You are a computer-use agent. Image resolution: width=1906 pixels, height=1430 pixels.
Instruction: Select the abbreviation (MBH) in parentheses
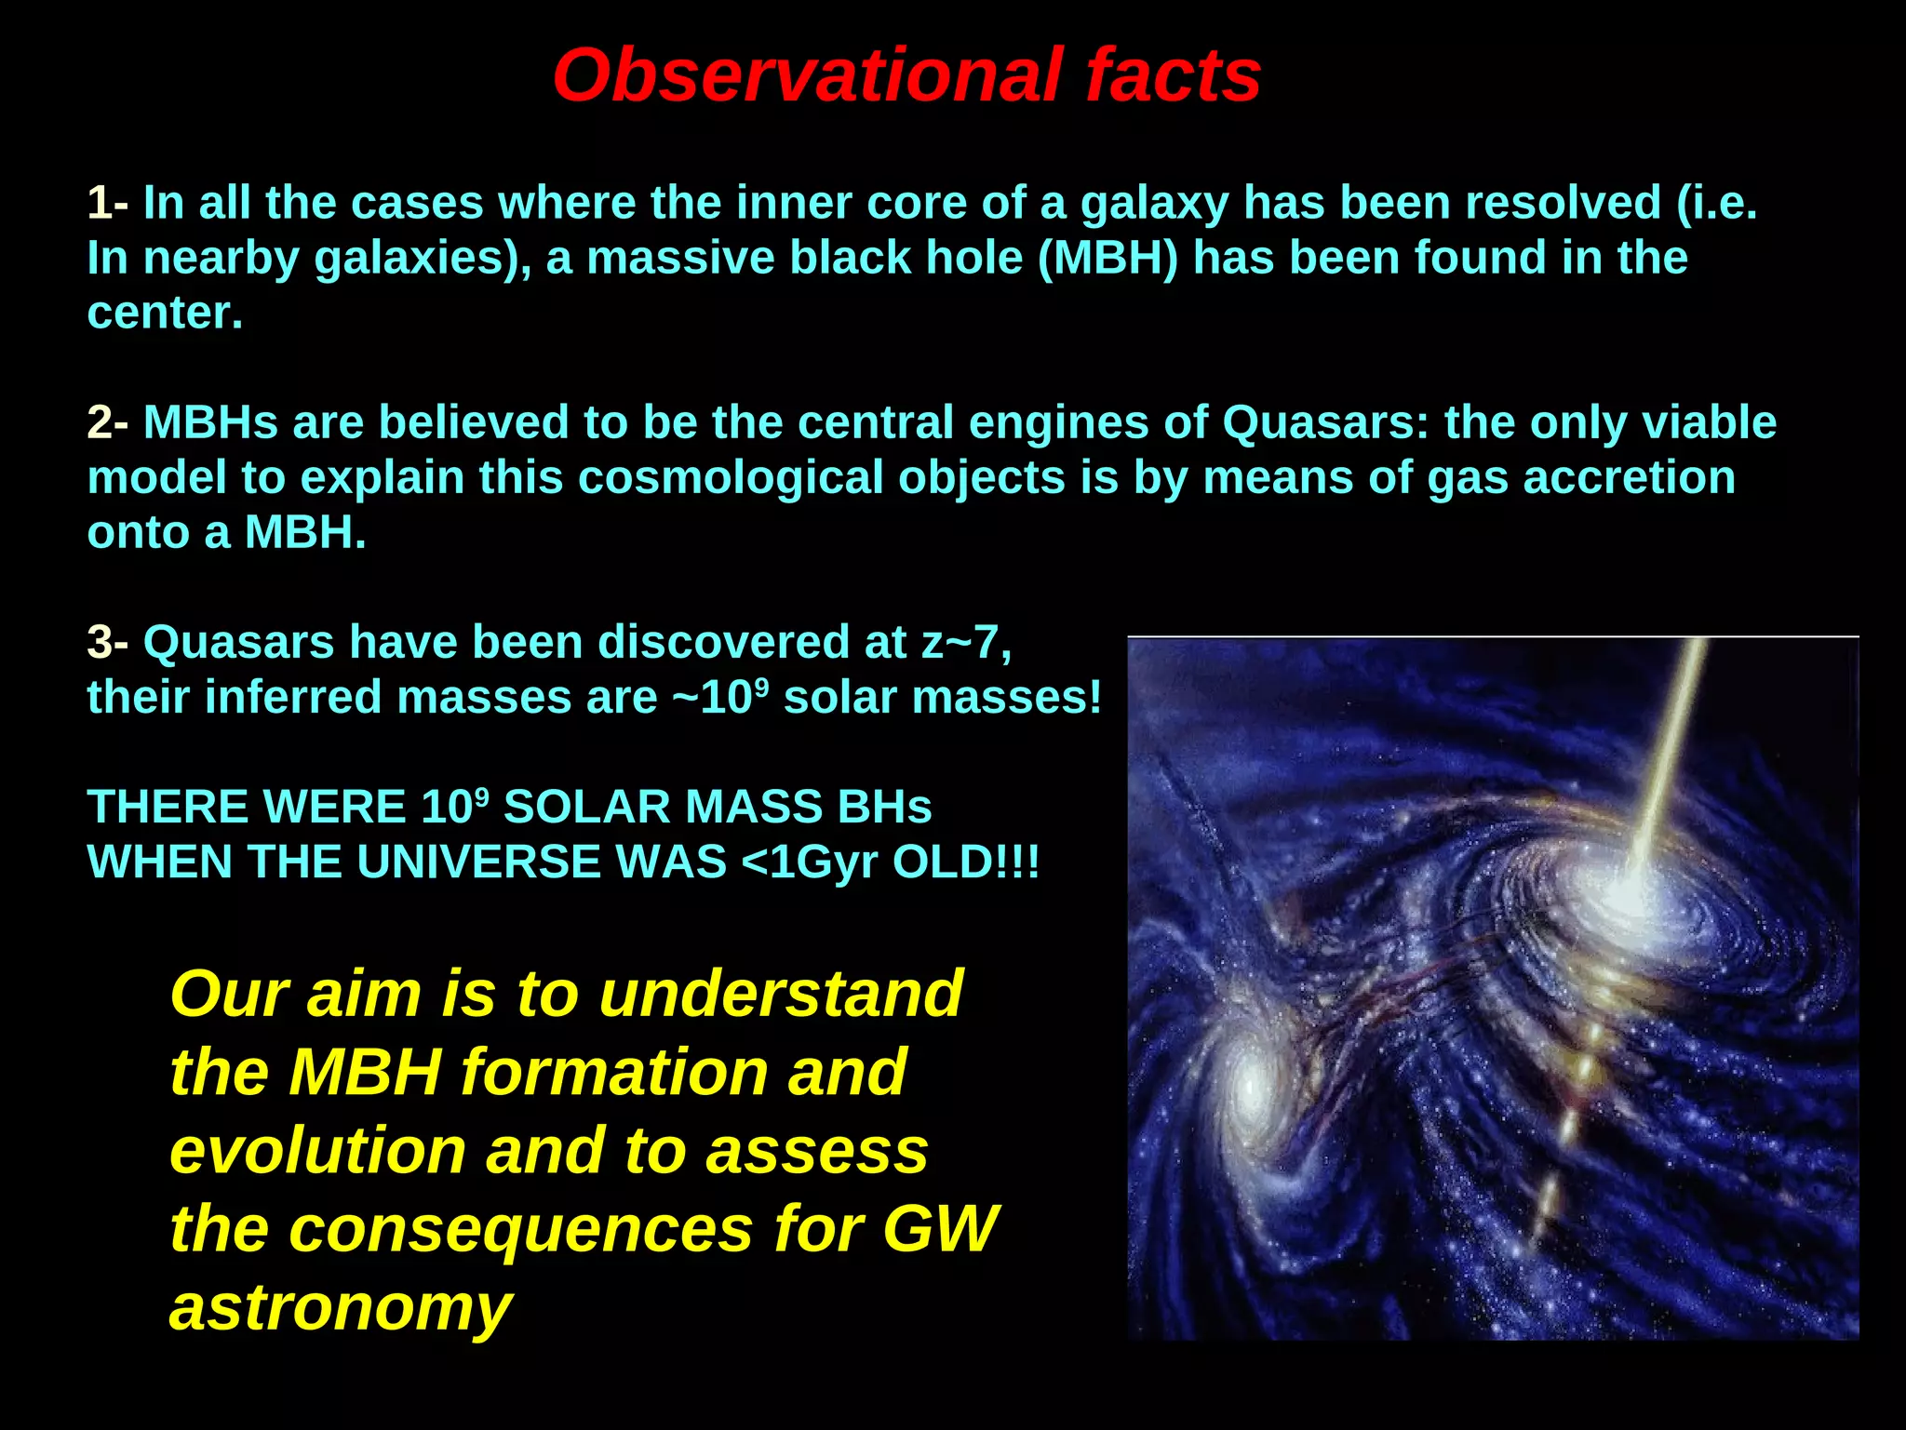pos(1107,258)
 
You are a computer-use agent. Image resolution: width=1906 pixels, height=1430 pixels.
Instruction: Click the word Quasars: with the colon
pos(1325,422)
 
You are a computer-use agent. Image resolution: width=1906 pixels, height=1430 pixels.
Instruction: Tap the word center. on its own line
pos(165,314)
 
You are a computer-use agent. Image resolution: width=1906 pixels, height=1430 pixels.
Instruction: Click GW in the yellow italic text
pos(940,1229)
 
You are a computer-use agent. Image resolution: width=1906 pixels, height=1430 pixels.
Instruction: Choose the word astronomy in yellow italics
pos(341,1307)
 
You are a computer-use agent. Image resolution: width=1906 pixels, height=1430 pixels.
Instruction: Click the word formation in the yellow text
pos(613,1073)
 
